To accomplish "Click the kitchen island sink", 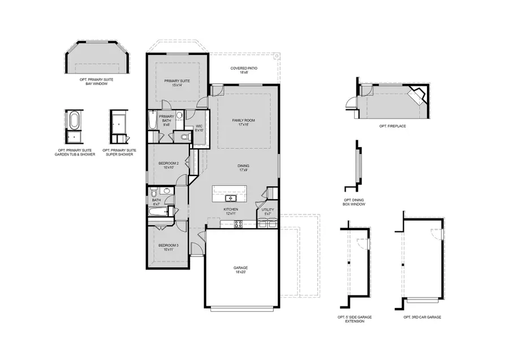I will [230, 199].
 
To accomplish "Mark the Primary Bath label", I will [166, 118].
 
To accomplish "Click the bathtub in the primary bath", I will [153, 121].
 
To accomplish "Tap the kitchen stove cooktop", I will [239, 223].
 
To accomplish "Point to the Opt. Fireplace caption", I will [392, 126].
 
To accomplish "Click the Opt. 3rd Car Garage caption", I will [422, 317].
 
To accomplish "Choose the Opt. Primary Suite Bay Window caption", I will [96, 82].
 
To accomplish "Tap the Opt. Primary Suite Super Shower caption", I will [118, 152].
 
